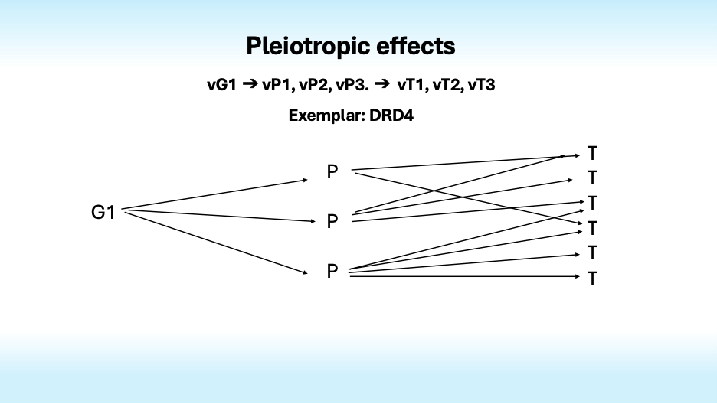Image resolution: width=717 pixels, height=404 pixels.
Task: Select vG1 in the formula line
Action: click(x=222, y=85)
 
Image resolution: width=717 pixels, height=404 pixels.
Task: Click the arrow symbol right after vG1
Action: click(x=250, y=85)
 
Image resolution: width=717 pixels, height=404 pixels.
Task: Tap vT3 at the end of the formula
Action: click(x=480, y=85)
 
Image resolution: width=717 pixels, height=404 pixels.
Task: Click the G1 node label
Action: click(x=103, y=213)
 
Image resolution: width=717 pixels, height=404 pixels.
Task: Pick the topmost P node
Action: click(x=332, y=172)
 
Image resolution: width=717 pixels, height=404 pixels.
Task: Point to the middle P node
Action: click(x=332, y=222)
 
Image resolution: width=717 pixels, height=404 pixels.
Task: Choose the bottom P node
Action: click(x=332, y=271)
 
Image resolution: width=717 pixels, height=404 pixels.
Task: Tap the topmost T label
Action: click(x=592, y=154)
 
